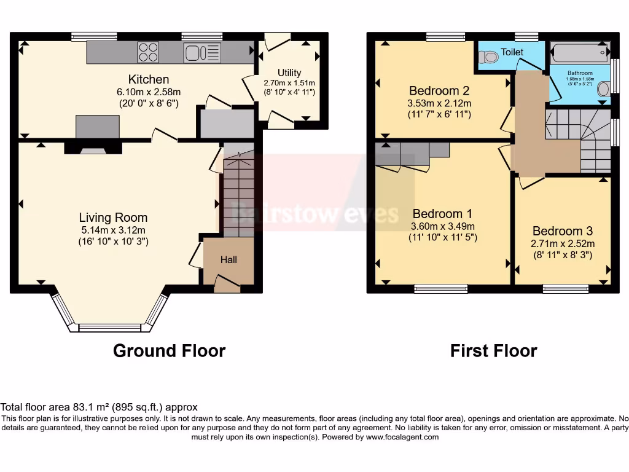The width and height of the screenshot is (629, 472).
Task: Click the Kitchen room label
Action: (x=148, y=79)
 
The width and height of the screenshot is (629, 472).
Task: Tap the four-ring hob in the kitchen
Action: (x=148, y=52)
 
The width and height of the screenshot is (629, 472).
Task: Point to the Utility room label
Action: (x=289, y=73)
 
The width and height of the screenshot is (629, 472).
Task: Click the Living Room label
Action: (x=113, y=218)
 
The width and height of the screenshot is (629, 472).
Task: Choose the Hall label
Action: (x=229, y=260)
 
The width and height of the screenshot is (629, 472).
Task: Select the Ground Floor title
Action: (x=169, y=351)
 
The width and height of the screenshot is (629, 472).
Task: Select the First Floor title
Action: (x=493, y=351)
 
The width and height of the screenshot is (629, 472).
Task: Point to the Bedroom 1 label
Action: (x=442, y=214)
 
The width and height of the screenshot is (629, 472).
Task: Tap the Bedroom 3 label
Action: (x=562, y=231)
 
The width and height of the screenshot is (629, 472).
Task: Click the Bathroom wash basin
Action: (x=603, y=90)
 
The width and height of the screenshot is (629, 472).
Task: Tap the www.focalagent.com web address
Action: (x=402, y=437)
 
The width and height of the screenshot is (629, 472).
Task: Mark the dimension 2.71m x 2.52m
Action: (x=562, y=243)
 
